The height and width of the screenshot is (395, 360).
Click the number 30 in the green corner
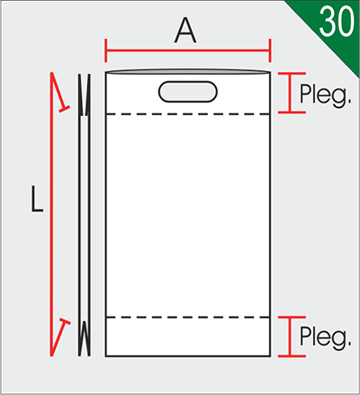click(x=337, y=21)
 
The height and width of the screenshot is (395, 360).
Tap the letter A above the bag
click(x=185, y=31)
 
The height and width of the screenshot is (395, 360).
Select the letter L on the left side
click(x=37, y=199)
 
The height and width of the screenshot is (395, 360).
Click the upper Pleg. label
click(x=326, y=95)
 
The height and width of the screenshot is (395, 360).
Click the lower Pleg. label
click(x=326, y=338)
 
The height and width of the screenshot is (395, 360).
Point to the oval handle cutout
click(x=188, y=92)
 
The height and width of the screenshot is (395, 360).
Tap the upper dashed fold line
click(x=188, y=114)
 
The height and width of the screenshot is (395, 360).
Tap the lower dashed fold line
click(x=188, y=317)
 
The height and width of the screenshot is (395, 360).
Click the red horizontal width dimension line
click(x=188, y=50)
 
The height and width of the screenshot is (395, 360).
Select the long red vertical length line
click(x=51, y=214)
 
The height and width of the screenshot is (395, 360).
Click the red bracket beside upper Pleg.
click(x=290, y=93)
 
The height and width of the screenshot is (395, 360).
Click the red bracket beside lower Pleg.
click(x=290, y=337)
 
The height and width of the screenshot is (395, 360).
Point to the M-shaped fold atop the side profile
click(x=85, y=94)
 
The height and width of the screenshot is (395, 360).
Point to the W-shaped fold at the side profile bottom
click(x=85, y=338)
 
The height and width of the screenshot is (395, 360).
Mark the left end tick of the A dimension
click(x=105, y=50)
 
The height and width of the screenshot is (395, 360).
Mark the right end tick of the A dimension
click(x=270, y=50)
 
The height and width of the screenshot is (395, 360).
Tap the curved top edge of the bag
click(x=188, y=70)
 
